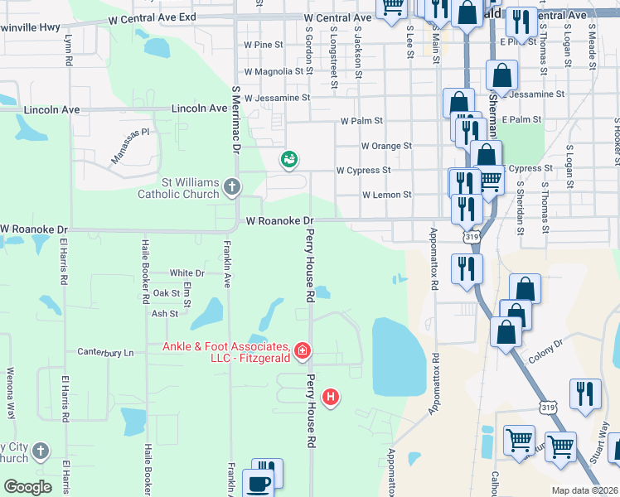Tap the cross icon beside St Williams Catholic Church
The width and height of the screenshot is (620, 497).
[x=232, y=187]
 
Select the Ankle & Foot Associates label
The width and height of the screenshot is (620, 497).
[x=225, y=352]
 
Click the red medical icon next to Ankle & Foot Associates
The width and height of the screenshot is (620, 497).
[x=302, y=351]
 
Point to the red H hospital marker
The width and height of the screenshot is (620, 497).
[x=332, y=398]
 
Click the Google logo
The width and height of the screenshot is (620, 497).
[x=27, y=487]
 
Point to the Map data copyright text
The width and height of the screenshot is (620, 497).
[x=584, y=490]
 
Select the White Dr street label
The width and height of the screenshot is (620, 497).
[x=186, y=273]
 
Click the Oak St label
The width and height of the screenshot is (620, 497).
[x=166, y=293]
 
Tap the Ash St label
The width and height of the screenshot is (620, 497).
[x=164, y=314]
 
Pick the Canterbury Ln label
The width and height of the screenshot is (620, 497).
[x=105, y=352]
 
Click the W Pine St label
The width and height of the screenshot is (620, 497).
[x=264, y=44]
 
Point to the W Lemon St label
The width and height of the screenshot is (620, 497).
[x=386, y=195]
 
